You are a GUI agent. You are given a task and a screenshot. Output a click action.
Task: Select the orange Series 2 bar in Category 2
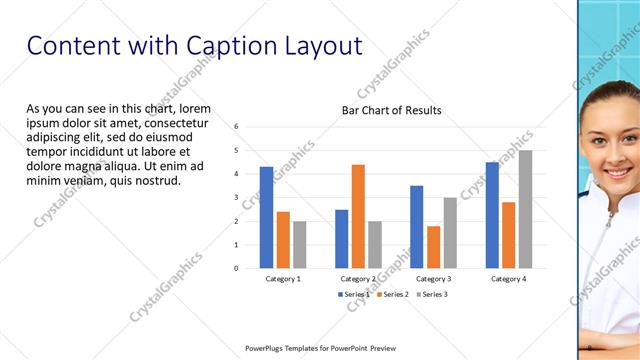(x=358, y=216)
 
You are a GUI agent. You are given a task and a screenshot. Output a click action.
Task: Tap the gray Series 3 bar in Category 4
(x=525, y=209)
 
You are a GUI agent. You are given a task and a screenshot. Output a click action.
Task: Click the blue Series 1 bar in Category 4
(x=492, y=215)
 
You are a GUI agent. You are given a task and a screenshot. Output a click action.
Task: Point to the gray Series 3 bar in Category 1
(x=300, y=244)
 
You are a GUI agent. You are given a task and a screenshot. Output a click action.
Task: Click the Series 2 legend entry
(x=393, y=294)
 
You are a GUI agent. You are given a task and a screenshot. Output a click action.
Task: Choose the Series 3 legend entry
(x=431, y=294)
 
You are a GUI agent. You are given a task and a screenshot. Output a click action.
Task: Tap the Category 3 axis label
(x=433, y=279)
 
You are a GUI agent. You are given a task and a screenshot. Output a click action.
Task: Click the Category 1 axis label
(x=283, y=279)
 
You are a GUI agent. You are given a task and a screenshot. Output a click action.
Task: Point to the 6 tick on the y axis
(x=236, y=127)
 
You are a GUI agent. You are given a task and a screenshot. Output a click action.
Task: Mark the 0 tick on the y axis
(x=236, y=268)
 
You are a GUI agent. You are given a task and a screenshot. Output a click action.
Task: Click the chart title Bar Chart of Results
(x=391, y=110)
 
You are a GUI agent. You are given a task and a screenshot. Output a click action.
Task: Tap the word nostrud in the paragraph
(x=153, y=181)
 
